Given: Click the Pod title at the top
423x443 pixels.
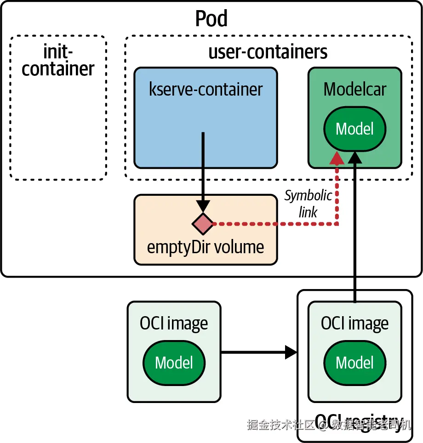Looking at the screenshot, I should click(x=211, y=19).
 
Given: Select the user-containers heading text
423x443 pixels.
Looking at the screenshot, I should click(x=268, y=51).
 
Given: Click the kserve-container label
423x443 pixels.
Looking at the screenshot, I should click(x=206, y=89).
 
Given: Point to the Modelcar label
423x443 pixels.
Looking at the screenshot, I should click(x=354, y=89).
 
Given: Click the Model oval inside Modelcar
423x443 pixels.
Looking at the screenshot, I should click(x=354, y=129).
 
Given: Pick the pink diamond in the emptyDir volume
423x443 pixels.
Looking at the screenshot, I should click(x=203, y=224).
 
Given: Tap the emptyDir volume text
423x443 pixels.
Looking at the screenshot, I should click(x=206, y=247).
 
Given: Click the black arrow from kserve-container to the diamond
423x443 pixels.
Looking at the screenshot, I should click(x=203, y=170).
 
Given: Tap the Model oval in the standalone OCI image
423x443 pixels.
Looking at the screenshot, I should click(x=174, y=363).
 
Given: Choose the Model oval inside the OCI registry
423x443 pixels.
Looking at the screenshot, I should click(x=354, y=363).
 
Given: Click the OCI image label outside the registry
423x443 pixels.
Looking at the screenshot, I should click(x=174, y=324).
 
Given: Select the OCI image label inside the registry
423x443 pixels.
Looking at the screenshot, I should click(x=354, y=324).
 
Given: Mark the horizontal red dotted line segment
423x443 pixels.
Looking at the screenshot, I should click(x=276, y=225).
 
